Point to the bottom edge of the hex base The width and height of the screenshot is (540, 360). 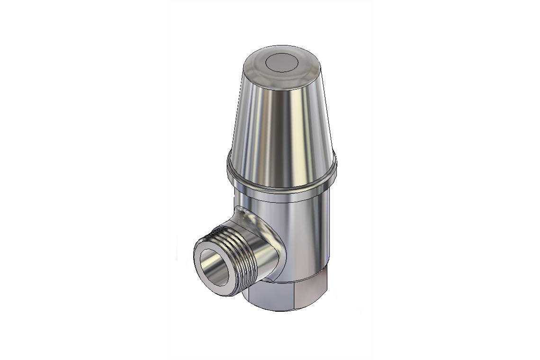tap(284, 311)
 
